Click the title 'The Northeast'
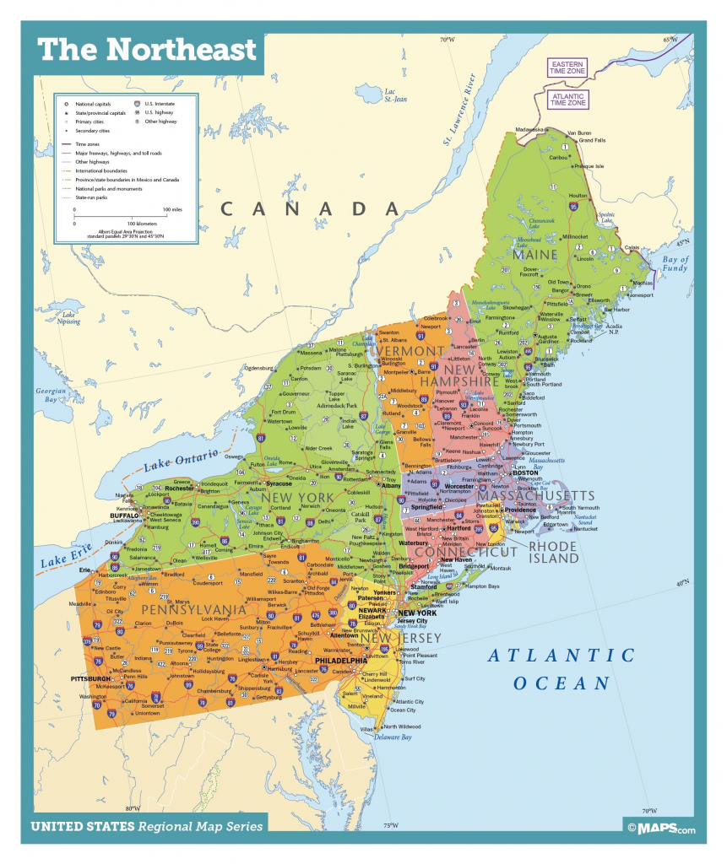(x=146, y=50)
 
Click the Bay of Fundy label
(x=675, y=264)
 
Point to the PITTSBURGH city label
(x=91, y=678)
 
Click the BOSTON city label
(x=525, y=473)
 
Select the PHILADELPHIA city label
(x=341, y=661)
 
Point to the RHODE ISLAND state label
(x=553, y=552)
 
